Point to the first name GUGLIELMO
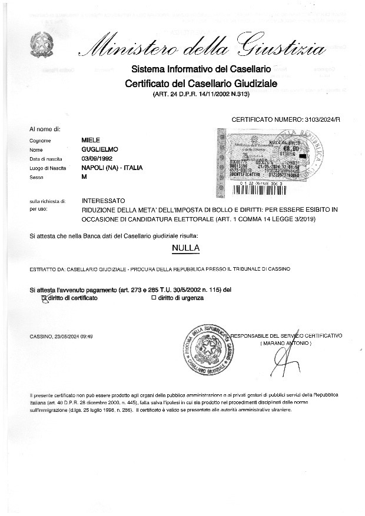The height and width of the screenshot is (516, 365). click(x=99, y=149)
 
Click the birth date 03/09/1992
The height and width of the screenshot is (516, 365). click(x=97, y=159)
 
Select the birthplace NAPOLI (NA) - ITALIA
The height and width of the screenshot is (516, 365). click(x=112, y=168)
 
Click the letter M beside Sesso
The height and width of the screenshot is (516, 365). click(x=84, y=177)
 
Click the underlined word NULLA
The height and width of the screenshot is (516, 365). click(x=185, y=248)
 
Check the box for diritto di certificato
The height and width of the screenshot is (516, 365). click(x=42, y=298)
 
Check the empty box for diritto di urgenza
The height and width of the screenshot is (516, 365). click(x=153, y=298)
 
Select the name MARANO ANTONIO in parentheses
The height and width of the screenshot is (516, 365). click(x=286, y=342)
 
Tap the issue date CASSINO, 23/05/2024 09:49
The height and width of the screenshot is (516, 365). click(x=61, y=336)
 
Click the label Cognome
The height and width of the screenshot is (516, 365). click(x=41, y=141)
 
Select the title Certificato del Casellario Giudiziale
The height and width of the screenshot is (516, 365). click(x=201, y=84)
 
